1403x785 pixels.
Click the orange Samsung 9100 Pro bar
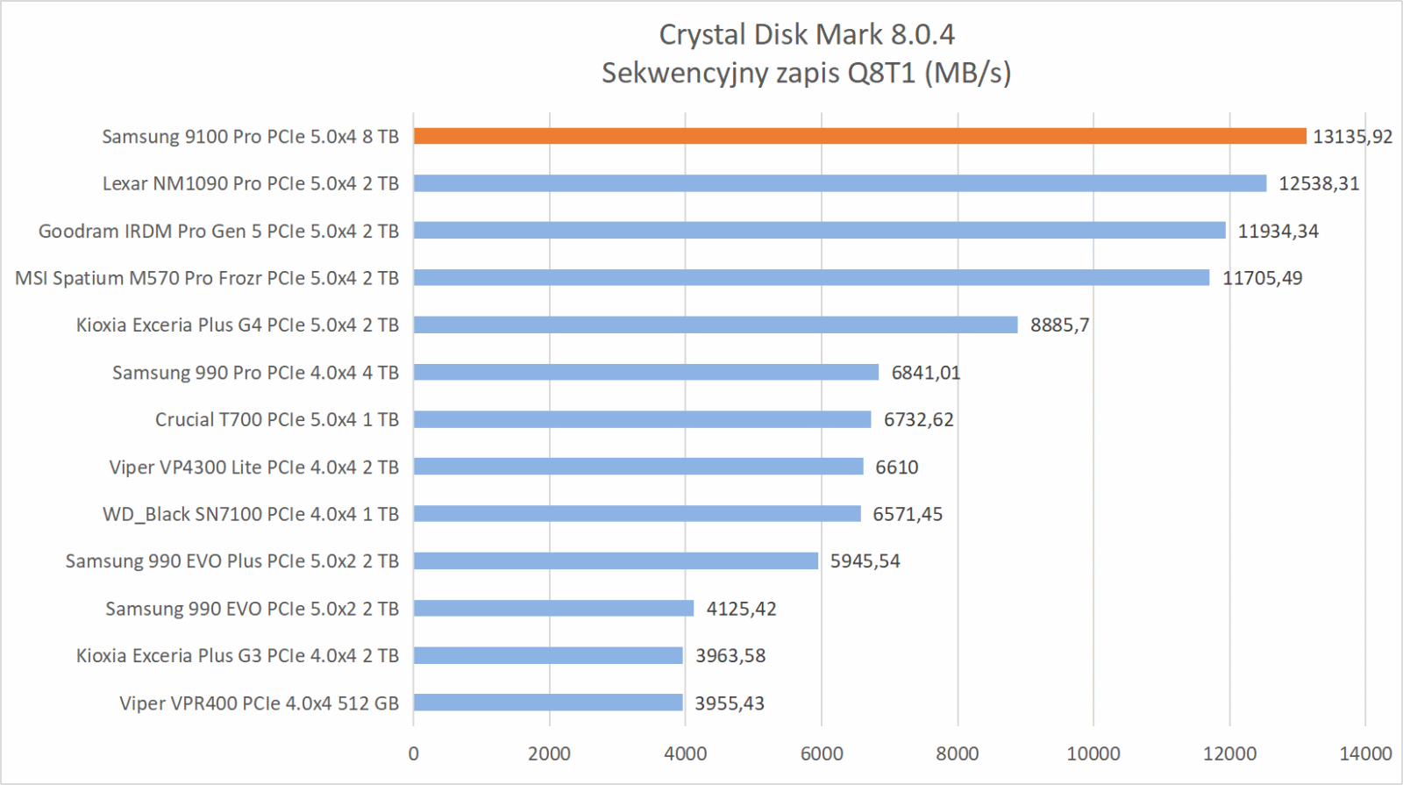[x=859, y=136]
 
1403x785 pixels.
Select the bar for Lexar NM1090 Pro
[x=840, y=183]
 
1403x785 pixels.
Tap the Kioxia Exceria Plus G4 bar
[x=716, y=325]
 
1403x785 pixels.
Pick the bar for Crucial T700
[x=642, y=419]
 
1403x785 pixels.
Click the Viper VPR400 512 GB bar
[x=548, y=703]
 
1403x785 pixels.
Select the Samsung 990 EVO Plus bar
[x=616, y=560]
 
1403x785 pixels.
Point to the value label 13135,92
[x=1352, y=137]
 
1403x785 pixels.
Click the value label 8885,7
[x=1059, y=325]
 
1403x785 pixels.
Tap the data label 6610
[x=896, y=467]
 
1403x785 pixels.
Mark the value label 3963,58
[x=730, y=655]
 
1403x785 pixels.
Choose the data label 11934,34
[x=1278, y=232]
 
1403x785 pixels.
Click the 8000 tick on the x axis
[x=958, y=753]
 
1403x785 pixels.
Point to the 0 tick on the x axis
[x=414, y=753]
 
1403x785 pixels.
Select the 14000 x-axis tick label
[x=1365, y=753]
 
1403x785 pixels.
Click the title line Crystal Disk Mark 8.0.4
[x=806, y=34]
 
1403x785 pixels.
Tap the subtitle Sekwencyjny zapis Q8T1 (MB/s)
[x=806, y=73]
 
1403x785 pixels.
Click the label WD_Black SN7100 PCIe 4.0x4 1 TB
[x=251, y=514]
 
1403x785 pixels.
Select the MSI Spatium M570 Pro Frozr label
[x=207, y=278]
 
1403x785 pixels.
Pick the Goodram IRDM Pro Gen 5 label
[x=218, y=232]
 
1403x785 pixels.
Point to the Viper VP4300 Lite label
[x=254, y=467]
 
